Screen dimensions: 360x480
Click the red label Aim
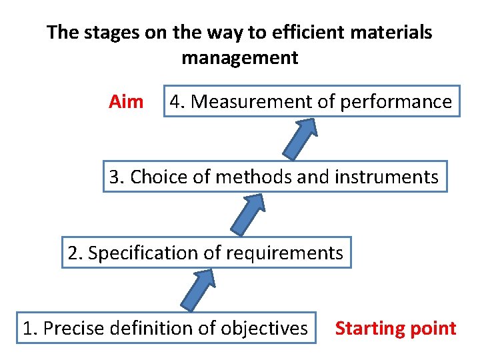click(x=126, y=102)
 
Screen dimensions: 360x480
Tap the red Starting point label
click(x=395, y=329)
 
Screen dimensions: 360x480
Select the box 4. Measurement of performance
click(x=311, y=101)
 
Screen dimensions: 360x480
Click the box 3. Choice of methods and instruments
click(x=275, y=177)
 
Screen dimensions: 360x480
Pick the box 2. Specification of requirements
click(x=206, y=253)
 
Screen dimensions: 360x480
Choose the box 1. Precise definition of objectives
click(x=166, y=328)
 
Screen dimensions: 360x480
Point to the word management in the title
click(x=240, y=58)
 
